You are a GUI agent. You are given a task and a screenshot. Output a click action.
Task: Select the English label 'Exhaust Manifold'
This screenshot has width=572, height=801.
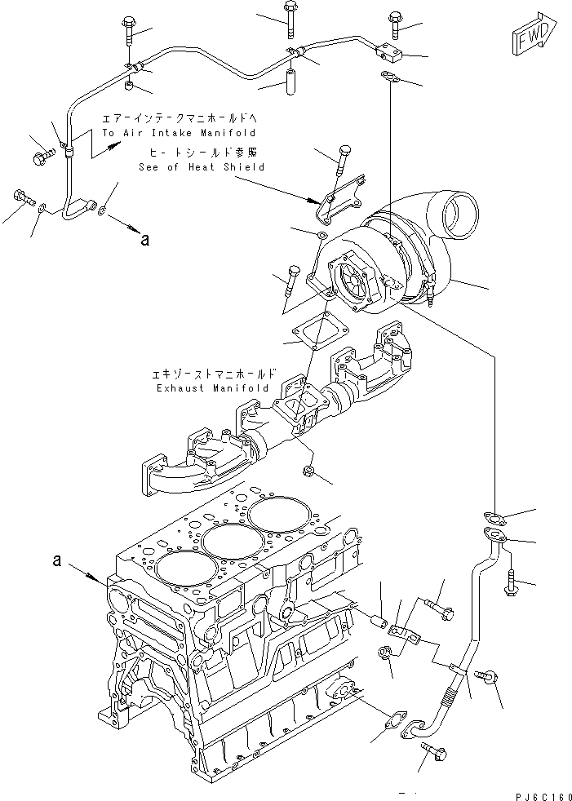212,388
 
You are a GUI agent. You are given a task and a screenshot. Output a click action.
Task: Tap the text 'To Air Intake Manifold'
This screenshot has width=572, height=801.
179,132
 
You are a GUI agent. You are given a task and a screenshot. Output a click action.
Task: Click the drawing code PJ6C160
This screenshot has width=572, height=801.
539,792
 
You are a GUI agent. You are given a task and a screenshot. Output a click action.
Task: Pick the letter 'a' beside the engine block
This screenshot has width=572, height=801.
56,560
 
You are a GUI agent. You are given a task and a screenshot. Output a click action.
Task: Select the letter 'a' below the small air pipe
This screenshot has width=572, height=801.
144,240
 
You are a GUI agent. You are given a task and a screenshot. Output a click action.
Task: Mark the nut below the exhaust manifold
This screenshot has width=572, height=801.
309,470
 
